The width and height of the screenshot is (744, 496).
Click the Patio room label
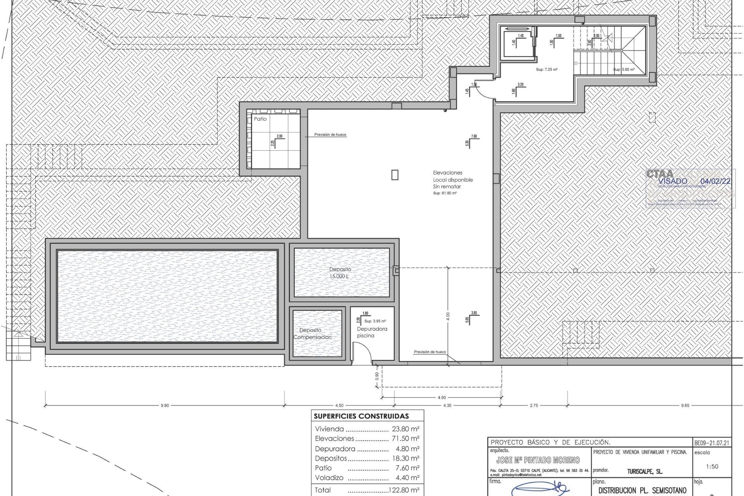(x=260, y=119)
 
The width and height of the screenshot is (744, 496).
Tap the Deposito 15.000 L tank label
(x=340, y=273)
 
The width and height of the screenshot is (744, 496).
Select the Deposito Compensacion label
(x=312, y=334)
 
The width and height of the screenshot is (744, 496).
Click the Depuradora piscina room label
(x=372, y=332)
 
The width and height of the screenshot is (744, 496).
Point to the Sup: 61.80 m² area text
(x=444, y=193)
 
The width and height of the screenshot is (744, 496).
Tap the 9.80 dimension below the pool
(x=165, y=406)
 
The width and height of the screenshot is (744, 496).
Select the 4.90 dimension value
(x=441, y=398)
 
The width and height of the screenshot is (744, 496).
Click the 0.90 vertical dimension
(x=377, y=376)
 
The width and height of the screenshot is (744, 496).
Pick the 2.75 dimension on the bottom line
(x=533, y=406)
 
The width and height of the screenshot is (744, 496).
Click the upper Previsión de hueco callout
(x=330, y=135)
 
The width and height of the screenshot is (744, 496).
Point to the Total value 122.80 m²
(x=404, y=490)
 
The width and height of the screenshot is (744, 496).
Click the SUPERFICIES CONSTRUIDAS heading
(x=361, y=417)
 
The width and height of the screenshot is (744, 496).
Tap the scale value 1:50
(x=712, y=467)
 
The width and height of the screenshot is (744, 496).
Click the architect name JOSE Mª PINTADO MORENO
(x=538, y=460)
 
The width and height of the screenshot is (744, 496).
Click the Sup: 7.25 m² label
(x=546, y=70)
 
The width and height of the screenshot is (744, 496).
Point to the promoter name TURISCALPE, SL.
(x=644, y=472)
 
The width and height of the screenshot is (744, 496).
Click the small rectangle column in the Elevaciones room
(x=394, y=175)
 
